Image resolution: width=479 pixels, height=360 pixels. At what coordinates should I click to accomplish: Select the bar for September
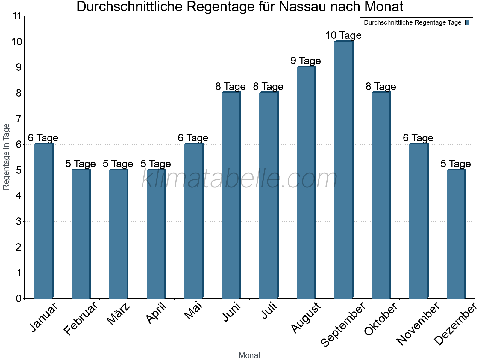(343, 170)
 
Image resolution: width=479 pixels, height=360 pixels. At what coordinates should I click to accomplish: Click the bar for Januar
(43, 221)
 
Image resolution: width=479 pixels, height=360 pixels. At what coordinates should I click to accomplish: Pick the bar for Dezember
(456, 234)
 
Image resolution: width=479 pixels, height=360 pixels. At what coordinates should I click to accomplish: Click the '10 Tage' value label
(343, 35)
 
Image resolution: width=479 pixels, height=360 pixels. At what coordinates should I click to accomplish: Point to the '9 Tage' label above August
(306, 61)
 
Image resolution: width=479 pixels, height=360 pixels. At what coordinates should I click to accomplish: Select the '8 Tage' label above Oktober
(381, 87)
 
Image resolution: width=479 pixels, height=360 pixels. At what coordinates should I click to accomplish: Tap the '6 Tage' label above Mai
(193, 138)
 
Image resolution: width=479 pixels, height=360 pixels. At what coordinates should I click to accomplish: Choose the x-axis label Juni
(231, 312)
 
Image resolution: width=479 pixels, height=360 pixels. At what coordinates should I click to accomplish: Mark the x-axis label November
(418, 323)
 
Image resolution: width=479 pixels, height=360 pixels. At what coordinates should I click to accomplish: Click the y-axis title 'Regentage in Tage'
(6, 157)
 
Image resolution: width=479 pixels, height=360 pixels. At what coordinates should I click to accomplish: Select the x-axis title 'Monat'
(249, 355)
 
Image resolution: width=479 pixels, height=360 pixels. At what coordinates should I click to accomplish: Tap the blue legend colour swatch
(468, 22)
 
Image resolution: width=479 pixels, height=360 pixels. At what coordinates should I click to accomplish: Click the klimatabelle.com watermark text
(239, 179)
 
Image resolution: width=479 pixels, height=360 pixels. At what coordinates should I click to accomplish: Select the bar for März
(118, 234)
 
